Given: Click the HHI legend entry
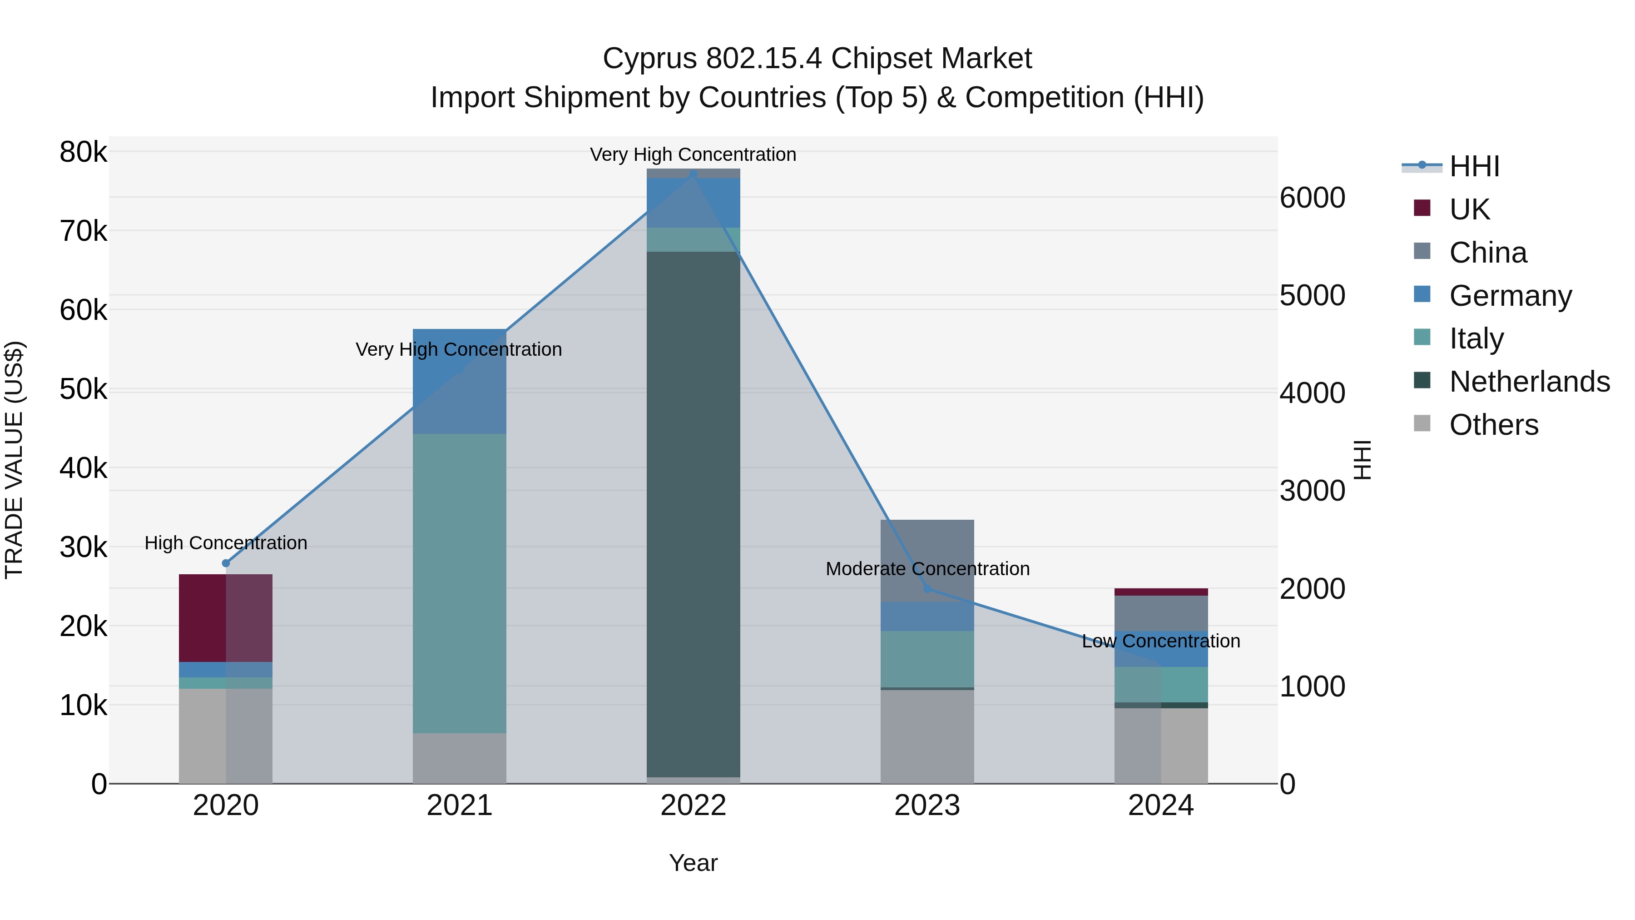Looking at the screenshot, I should [1474, 166].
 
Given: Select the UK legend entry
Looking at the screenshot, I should [1469, 209].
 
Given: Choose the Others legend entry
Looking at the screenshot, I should [1493, 425].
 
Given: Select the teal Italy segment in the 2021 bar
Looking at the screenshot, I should [459, 583].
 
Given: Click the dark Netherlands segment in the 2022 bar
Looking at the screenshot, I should [693, 514].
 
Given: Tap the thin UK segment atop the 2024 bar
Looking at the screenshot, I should [1161, 592].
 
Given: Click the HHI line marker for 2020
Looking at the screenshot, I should [226, 563].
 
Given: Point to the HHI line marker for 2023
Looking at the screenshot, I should [927, 588].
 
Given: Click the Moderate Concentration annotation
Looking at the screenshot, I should [927, 569].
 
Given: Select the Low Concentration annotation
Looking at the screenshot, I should [1161, 641].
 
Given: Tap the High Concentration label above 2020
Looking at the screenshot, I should [226, 543].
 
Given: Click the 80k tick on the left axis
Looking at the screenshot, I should [83, 152].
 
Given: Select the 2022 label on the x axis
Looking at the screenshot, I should [693, 806].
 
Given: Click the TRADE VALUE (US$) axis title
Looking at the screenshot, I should [14, 460].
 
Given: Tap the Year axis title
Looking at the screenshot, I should [693, 863].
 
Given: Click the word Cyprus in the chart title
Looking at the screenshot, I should [650, 59].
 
